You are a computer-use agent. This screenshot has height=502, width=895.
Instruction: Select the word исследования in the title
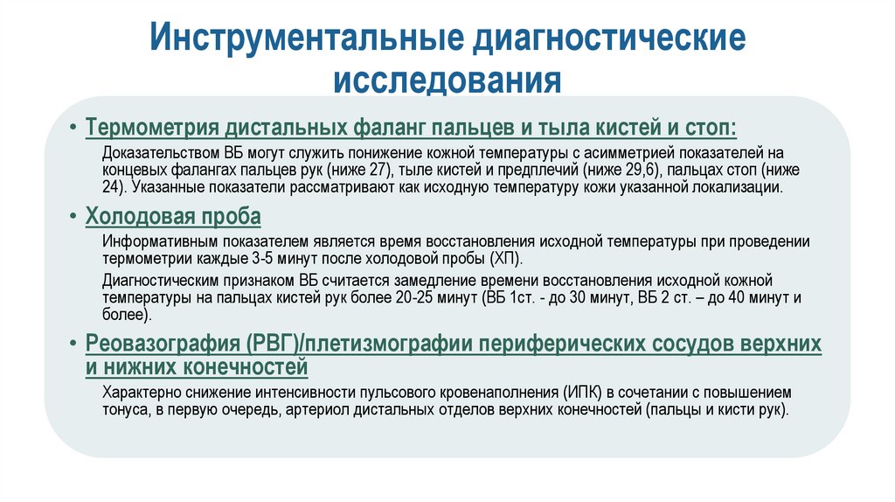click(x=447, y=80)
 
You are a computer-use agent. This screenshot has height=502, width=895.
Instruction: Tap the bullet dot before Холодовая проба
click(x=74, y=216)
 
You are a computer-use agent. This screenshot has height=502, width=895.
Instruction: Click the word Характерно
click(x=137, y=392)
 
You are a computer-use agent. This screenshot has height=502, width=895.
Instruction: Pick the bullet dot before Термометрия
click(x=74, y=129)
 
